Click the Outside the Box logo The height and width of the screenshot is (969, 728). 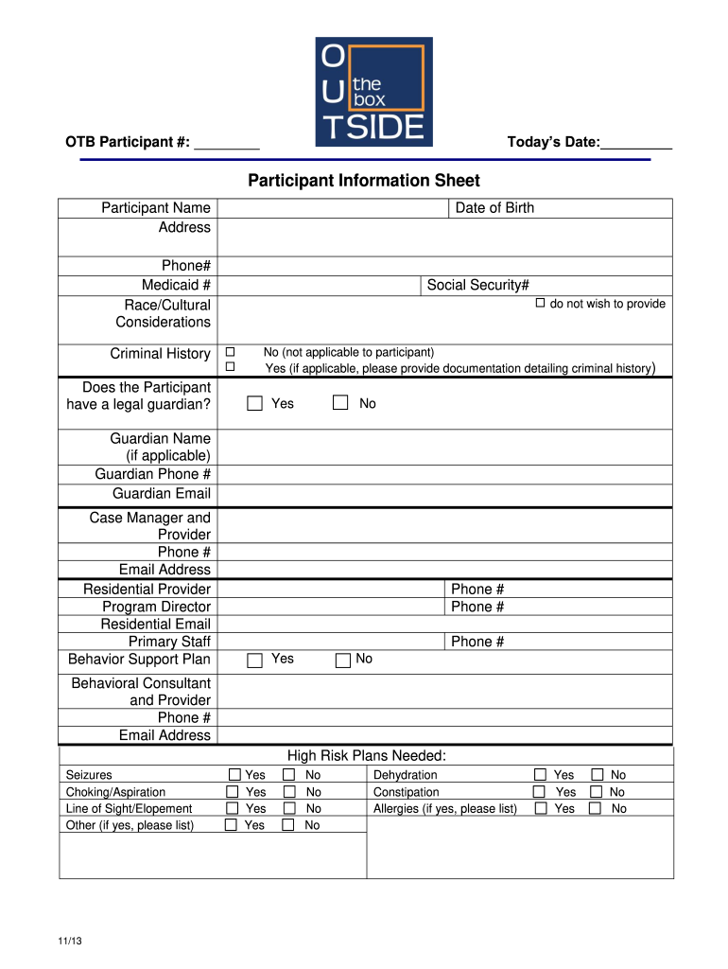pos(373,92)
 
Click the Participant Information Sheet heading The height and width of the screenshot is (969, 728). pos(364,181)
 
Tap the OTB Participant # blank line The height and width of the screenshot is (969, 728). pos(227,144)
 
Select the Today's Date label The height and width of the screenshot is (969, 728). pos(553,143)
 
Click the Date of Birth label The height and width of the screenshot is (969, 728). pos(494,208)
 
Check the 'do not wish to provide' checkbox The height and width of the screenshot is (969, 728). pos(541,304)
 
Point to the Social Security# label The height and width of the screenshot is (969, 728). pos(477,286)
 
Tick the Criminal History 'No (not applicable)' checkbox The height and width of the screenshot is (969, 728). pos(230,351)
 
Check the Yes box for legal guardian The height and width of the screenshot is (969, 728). pos(254,404)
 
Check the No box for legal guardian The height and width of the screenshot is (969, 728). pos(340,404)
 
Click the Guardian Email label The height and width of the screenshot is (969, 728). pos(162,494)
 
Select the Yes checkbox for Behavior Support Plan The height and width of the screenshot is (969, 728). pos(254,661)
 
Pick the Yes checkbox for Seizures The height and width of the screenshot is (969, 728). pos(233,775)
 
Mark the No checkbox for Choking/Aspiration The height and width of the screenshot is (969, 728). pos(289,792)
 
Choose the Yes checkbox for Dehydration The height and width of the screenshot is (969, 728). pos(540,775)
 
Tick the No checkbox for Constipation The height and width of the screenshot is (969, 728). pos(597,792)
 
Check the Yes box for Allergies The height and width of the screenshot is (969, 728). pos(541,809)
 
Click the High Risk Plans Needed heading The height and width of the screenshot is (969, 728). pos(366,755)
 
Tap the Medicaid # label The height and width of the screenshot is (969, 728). pos(176,286)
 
